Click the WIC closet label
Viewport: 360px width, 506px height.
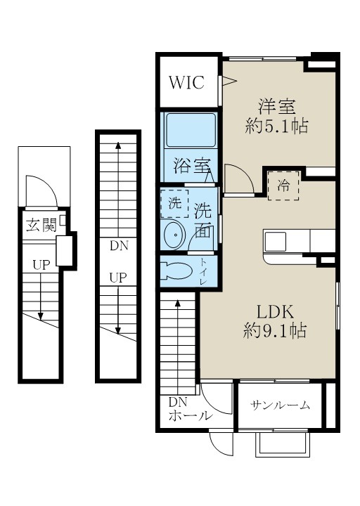point(186,82)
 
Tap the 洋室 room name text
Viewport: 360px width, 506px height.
point(276,107)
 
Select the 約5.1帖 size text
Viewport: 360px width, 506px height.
point(276,126)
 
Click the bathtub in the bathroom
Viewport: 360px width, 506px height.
point(190,131)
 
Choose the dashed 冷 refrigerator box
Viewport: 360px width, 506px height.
point(283,186)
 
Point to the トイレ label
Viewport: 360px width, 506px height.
point(204,271)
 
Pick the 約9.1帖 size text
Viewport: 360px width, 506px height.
point(274,330)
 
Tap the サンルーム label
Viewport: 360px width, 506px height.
point(281,406)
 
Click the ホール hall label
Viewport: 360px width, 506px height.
point(190,415)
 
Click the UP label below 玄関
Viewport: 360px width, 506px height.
point(40,265)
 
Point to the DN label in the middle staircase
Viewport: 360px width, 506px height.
point(117,246)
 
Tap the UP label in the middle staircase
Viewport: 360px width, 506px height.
point(117,277)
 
